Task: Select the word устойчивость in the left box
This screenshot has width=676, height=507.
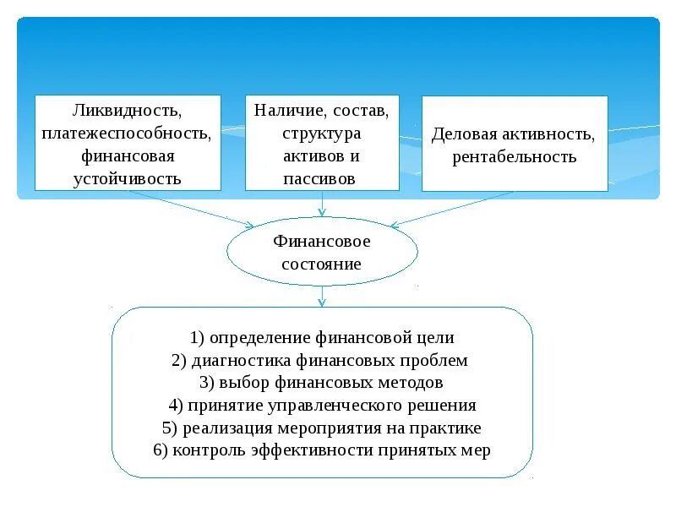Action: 127,178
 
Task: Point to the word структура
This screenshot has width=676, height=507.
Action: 322,134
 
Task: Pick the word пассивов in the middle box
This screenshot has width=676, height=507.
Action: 322,178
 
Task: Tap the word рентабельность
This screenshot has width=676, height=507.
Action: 514,156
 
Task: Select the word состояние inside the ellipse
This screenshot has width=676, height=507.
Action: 322,264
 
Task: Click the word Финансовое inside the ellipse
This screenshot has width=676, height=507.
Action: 322,242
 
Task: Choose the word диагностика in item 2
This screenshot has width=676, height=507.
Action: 242,361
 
